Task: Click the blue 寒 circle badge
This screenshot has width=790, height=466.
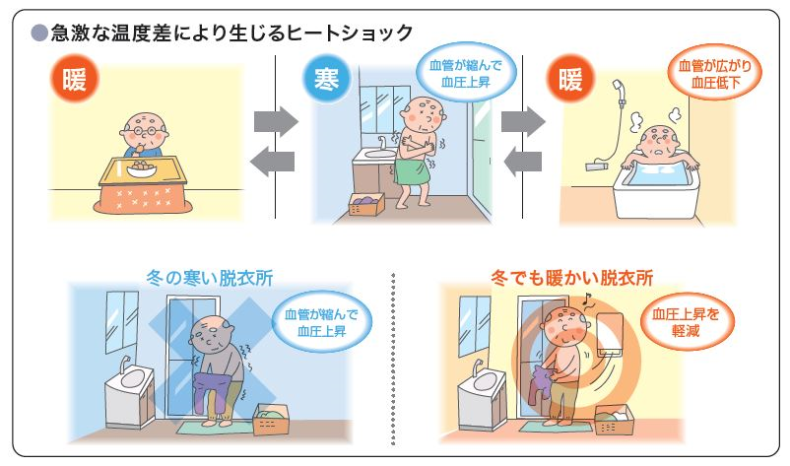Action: [x=326, y=80]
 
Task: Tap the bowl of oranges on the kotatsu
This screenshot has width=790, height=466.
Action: [x=141, y=168]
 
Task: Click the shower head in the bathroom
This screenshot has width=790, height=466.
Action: [x=618, y=90]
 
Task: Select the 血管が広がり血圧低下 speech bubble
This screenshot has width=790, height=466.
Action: [x=714, y=74]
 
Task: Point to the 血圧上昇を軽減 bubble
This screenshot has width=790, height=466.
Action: [x=687, y=322]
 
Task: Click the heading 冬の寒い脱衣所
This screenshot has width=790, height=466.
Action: [x=210, y=278]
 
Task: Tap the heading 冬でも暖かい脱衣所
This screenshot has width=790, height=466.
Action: [x=572, y=278]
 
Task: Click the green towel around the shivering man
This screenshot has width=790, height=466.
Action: [x=412, y=171]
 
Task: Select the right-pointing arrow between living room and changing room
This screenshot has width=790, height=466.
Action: [x=275, y=121]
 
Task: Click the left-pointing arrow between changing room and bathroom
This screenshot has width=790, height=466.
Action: [x=523, y=162]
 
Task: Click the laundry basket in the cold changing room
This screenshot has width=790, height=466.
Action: [x=272, y=419]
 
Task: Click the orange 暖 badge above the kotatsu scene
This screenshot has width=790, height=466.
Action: [x=75, y=79]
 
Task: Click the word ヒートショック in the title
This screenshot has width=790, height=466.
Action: [x=349, y=33]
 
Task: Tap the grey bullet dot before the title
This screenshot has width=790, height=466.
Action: [x=38, y=33]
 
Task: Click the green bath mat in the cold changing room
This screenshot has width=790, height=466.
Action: [x=214, y=428]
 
